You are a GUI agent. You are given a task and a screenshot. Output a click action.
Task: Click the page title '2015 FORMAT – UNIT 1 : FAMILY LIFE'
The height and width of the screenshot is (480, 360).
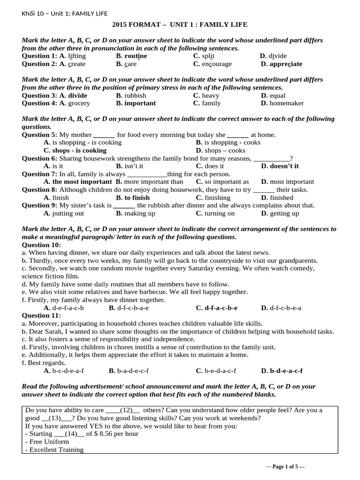pos(180,24)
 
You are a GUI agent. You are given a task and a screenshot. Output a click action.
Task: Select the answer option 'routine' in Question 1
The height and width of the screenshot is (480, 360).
pos(135,56)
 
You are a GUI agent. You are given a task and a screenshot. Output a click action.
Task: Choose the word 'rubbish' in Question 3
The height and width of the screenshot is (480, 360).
pos(135,95)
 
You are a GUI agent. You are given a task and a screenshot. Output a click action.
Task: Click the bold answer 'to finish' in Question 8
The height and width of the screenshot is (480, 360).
pos(137,197)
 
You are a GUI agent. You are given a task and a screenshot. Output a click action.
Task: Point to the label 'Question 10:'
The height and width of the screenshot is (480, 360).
pos(41,245)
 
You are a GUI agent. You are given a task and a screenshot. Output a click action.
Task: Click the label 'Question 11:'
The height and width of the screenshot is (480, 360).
pos(41,315)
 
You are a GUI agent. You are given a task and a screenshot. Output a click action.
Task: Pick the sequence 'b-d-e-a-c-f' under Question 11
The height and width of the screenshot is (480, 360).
pos(286,371)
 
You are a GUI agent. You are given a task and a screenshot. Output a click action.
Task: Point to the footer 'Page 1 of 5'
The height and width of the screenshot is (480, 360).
pos(285,467)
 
